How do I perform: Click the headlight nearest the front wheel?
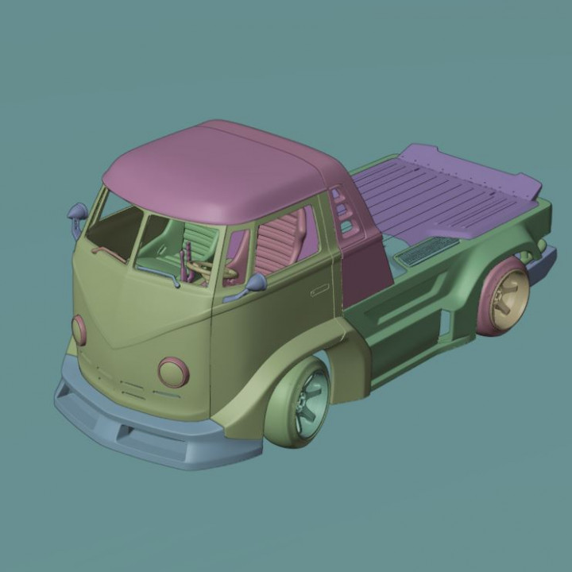[172, 372]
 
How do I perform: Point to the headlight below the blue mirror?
[79, 329]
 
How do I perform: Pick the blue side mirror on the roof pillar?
[78, 213]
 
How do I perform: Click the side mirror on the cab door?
[256, 283]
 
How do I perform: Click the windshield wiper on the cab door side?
[159, 273]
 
